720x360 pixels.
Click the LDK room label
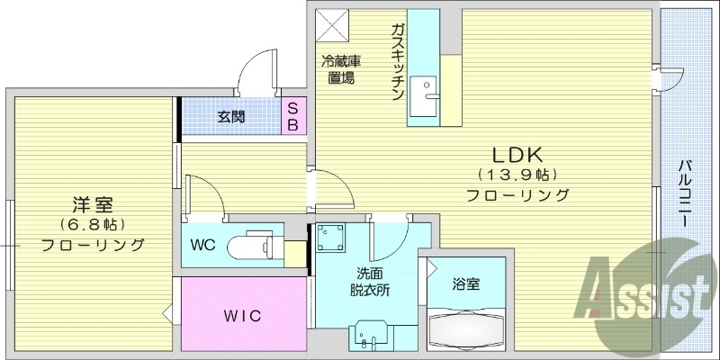point(517,153)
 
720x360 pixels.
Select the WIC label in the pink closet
point(241,317)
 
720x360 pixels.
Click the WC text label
point(202,244)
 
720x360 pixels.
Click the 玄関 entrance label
point(231,116)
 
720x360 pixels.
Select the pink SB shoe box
point(293,115)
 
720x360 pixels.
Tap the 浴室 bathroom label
point(466,284)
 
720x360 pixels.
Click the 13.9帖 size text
point(517,174)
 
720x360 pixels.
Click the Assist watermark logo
point(642,289)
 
